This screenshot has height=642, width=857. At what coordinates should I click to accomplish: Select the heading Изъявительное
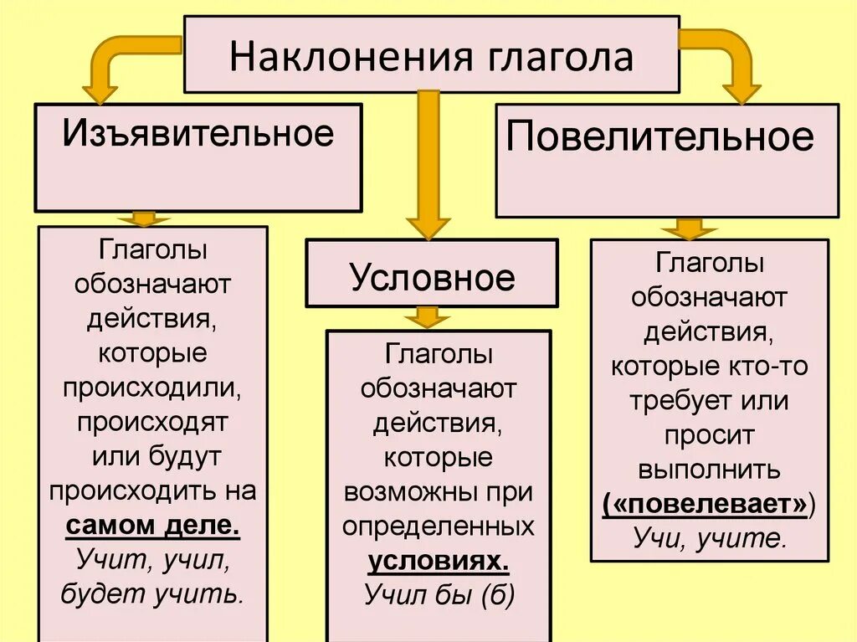tap(198, 133)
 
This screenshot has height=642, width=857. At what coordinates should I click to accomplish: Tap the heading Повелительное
tap(660, 136)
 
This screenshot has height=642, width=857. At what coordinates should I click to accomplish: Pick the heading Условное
tap(433, 276)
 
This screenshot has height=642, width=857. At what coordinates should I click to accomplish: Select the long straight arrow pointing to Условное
tap(428, 163)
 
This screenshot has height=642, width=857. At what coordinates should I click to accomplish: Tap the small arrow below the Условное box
tap(428, 317)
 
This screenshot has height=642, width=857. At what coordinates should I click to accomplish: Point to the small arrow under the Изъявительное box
tap(143, 218)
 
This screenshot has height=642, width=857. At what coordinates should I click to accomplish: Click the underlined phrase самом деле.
tap(152, 526)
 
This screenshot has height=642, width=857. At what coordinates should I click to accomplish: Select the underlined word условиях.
tap(439, 561)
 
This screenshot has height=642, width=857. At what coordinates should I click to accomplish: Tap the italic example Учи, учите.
tap(710, 538)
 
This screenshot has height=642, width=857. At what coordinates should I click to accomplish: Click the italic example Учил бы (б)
tap(439, 594)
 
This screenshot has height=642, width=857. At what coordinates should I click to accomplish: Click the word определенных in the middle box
tap(438, 526)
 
